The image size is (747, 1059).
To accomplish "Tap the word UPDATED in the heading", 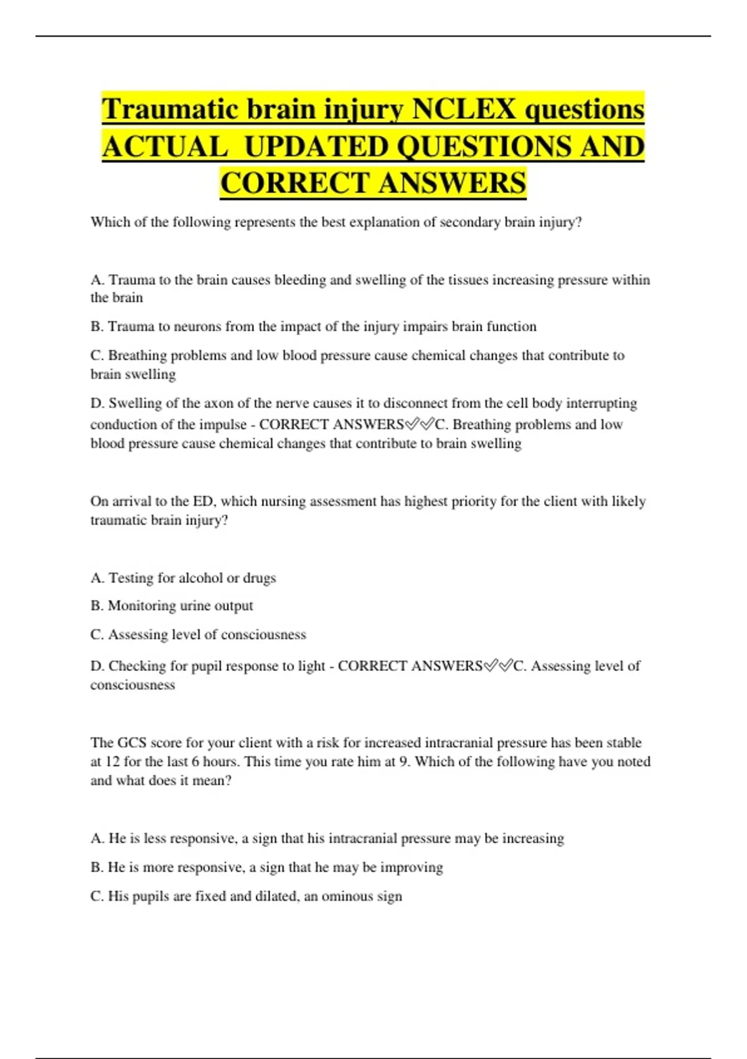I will tap(315, 147).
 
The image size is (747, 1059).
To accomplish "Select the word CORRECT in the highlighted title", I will tap(295, 183).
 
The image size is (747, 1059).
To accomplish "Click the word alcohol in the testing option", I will tap(200, 578).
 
